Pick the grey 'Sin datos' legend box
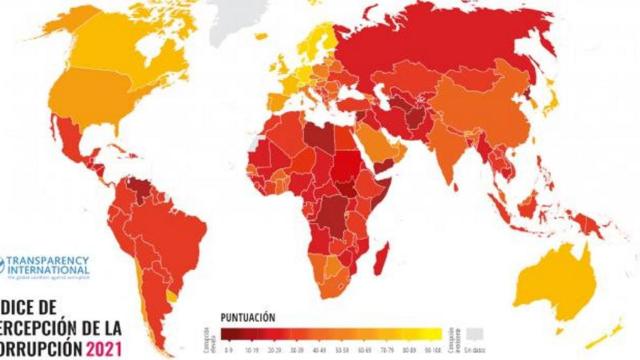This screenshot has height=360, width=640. tap(476, 332)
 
